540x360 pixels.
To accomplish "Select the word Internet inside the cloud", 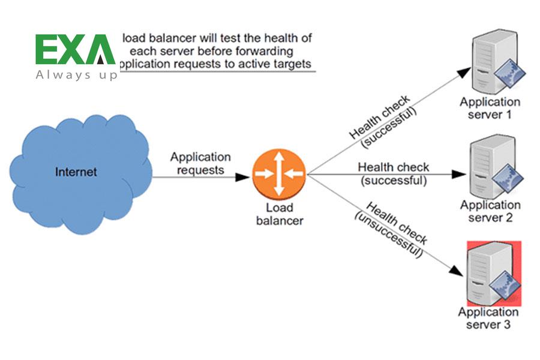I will click(x=76, y=172).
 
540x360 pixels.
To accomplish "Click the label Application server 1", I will click(x=490, y=108).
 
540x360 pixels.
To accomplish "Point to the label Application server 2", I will click(x=490, y=211).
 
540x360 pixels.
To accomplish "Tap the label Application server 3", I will click(x=488, y=318).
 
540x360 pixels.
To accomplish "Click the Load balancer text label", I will click(x=280, y=214).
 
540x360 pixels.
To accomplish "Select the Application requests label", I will click(x=200, y=163).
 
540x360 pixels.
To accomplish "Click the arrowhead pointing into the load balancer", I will click(x=243, y=177).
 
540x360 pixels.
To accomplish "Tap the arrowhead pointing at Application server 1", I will click(x=463, y=71).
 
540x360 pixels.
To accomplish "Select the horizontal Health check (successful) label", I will click(x=393, y=173).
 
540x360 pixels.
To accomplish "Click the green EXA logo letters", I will click(x=74, y=50).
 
